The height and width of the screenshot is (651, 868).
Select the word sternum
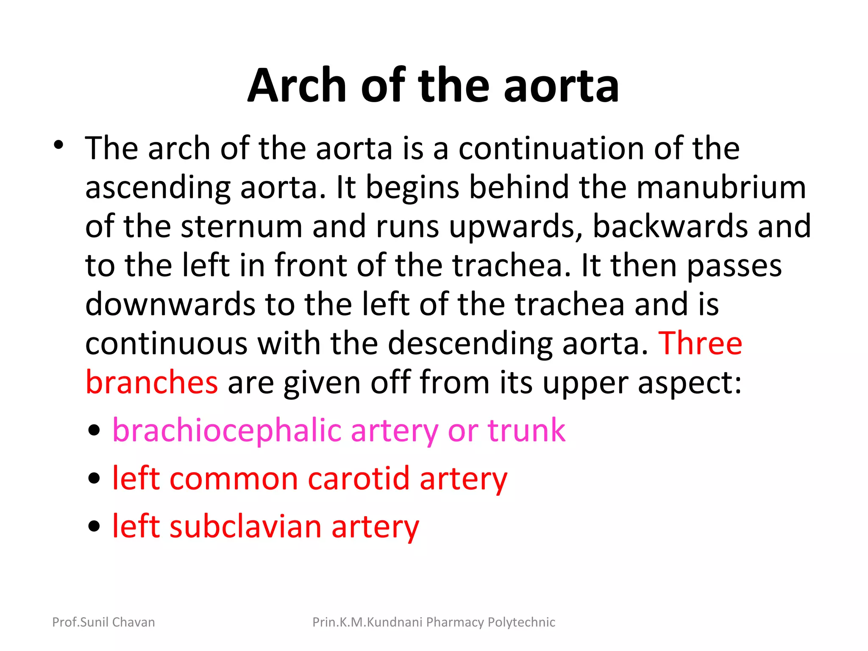(x=241, y=226)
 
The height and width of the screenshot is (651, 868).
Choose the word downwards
(x=170, y=304)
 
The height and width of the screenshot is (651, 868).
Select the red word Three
(x=700, y=343)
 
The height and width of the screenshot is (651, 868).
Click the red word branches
(x=152, y=382)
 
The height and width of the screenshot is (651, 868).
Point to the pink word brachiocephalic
(x=226, y=431)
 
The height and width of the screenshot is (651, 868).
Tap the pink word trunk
(x=526, y=431)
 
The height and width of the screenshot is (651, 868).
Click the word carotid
(x=359, y=479)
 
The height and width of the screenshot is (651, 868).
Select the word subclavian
(x=245, y=527)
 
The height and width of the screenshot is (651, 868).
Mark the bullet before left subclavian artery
(x=94, y=527)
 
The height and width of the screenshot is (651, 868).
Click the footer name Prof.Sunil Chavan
(x=103, y=622)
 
